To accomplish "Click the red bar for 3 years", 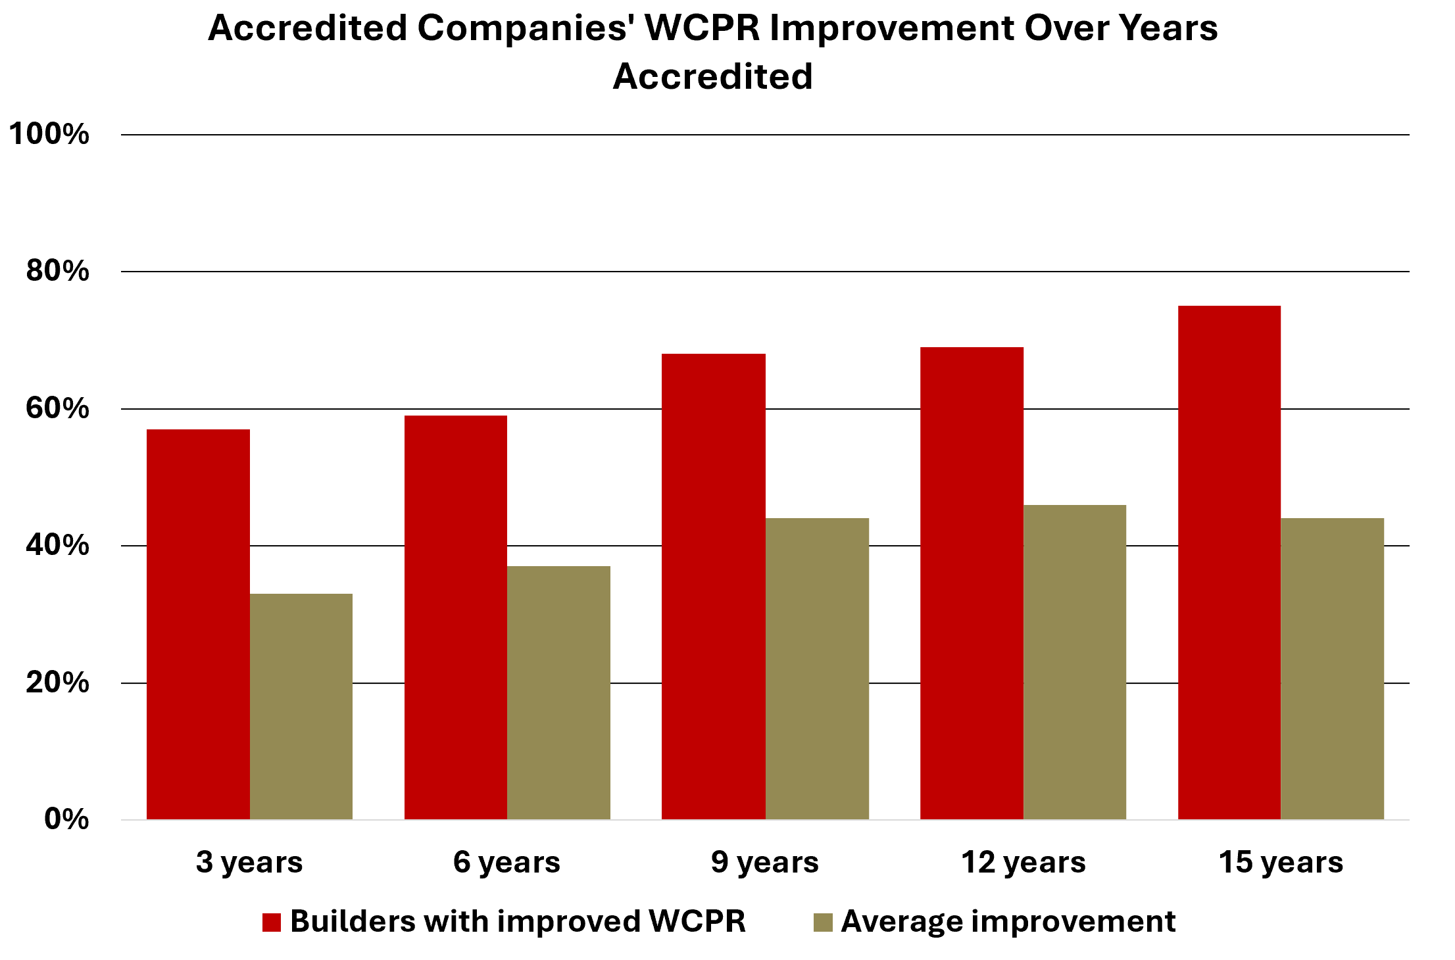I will tap(198, 624).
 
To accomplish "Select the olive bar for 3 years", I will tap(301, 706).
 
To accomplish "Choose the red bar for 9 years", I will tap(714, 586).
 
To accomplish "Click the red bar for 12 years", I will tap(972, 583).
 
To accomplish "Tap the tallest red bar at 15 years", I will tap(1229, 562).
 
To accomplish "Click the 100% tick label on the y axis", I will tap(49, 134).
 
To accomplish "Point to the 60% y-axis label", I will tap(57, 408).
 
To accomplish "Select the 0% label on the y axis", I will tap(66, 819).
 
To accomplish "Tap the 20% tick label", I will tap(57, 683).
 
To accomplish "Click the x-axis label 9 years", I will tap(764, 862).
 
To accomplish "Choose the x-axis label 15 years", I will tap(1281, 862).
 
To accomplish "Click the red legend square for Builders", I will tap(272, 923).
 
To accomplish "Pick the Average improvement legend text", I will tap(1008, 922).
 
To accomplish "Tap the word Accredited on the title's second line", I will tap(713, 76).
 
